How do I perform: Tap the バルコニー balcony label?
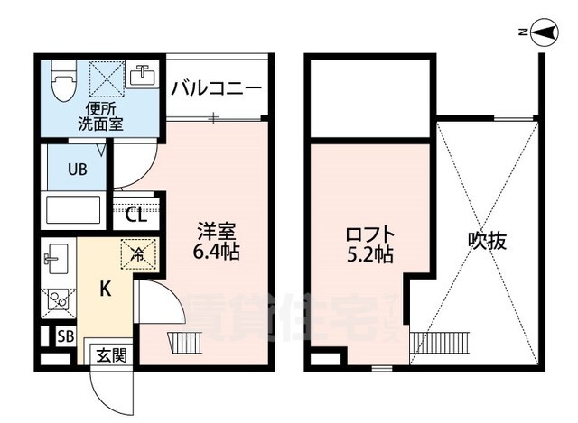[216, 87]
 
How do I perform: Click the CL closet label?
[135, 215]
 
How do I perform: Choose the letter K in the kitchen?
[105, 290]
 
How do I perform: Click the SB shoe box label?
[65, 336]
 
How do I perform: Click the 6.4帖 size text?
[218, 253]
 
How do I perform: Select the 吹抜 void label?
[487, 241]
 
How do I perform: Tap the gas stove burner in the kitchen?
[57, 299]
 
